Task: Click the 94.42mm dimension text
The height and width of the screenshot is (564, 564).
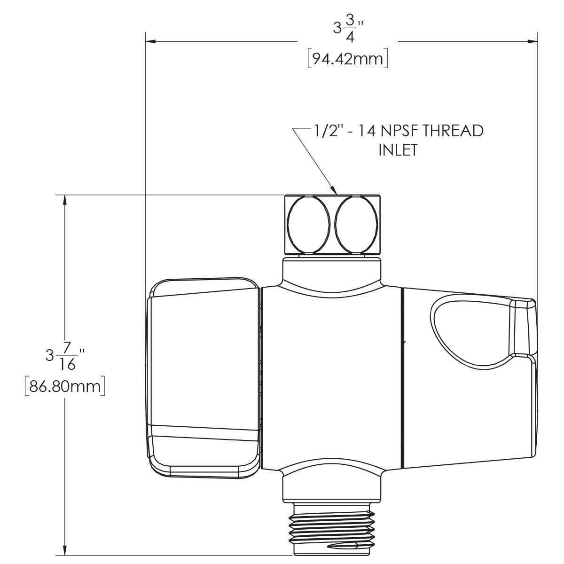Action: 347,59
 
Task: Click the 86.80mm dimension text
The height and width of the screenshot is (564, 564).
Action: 65,386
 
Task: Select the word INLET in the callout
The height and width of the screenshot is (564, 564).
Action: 398,150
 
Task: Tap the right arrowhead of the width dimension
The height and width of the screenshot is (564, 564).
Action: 533,42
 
